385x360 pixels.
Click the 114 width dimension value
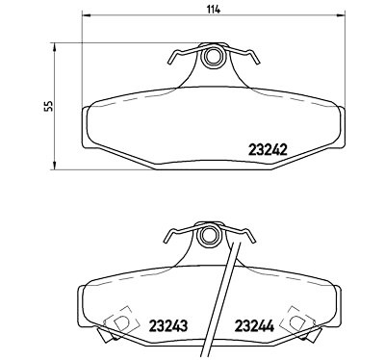(214, 10)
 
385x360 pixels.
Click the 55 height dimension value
(49, 106)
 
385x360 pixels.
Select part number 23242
(268, 149)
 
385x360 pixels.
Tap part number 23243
(167, 326)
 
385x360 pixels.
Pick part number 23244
(254, 326)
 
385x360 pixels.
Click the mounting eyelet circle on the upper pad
(212, 57)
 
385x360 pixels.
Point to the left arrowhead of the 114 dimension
(87, 15)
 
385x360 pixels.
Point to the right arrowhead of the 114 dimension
(340, 15)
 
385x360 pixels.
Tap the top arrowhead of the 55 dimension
(55, 47)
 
